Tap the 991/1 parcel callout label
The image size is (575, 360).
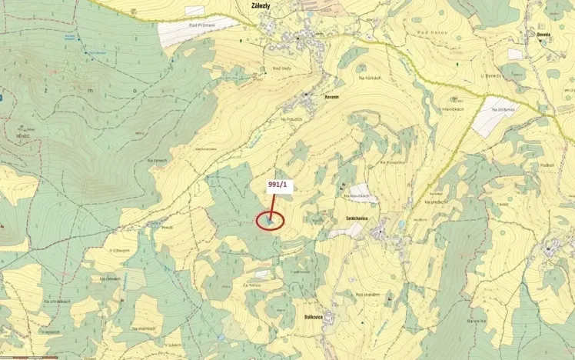[277, 186]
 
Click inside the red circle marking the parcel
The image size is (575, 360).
[270, 221]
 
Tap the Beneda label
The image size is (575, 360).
[543, 35]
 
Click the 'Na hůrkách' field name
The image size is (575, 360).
[370, 79]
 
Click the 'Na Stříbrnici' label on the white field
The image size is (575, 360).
[500, 111]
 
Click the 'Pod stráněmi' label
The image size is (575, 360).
[369, 295]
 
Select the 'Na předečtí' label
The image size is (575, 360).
[437, 202]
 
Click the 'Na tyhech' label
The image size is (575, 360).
[157, 159]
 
